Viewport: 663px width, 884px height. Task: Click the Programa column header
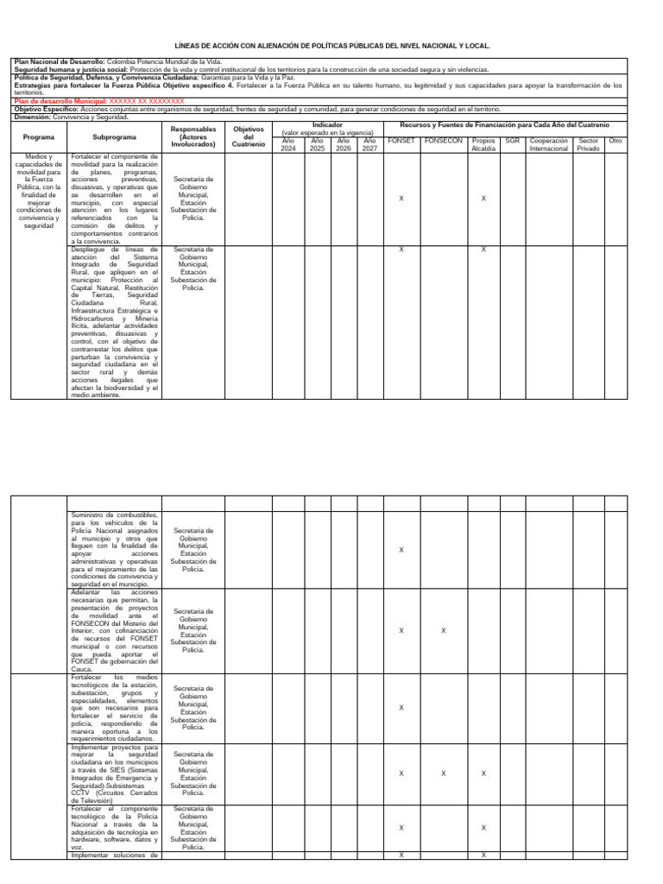point(39,137)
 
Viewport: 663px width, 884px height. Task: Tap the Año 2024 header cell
point(287,144)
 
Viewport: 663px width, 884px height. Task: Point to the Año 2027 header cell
point(369,144)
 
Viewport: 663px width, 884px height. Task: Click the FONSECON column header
point(443,140)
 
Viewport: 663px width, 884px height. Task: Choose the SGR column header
point(512,140)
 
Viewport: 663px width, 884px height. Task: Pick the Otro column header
point(616,140)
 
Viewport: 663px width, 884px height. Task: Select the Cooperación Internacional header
point(548,144)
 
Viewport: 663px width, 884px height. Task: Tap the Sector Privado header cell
point(588,144)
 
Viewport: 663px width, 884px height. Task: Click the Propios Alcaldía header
point(483,144)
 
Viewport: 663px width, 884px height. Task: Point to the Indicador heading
point(327,125)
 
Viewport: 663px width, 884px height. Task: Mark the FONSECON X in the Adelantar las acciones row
point(443,630)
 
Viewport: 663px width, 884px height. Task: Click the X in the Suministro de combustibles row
point(401,550)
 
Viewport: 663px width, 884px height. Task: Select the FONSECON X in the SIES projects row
point(443,773)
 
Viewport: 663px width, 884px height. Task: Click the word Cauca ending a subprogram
point(80,669)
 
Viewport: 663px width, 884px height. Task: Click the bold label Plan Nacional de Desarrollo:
point(59,62)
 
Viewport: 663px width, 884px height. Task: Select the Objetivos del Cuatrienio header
point(249,137)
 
